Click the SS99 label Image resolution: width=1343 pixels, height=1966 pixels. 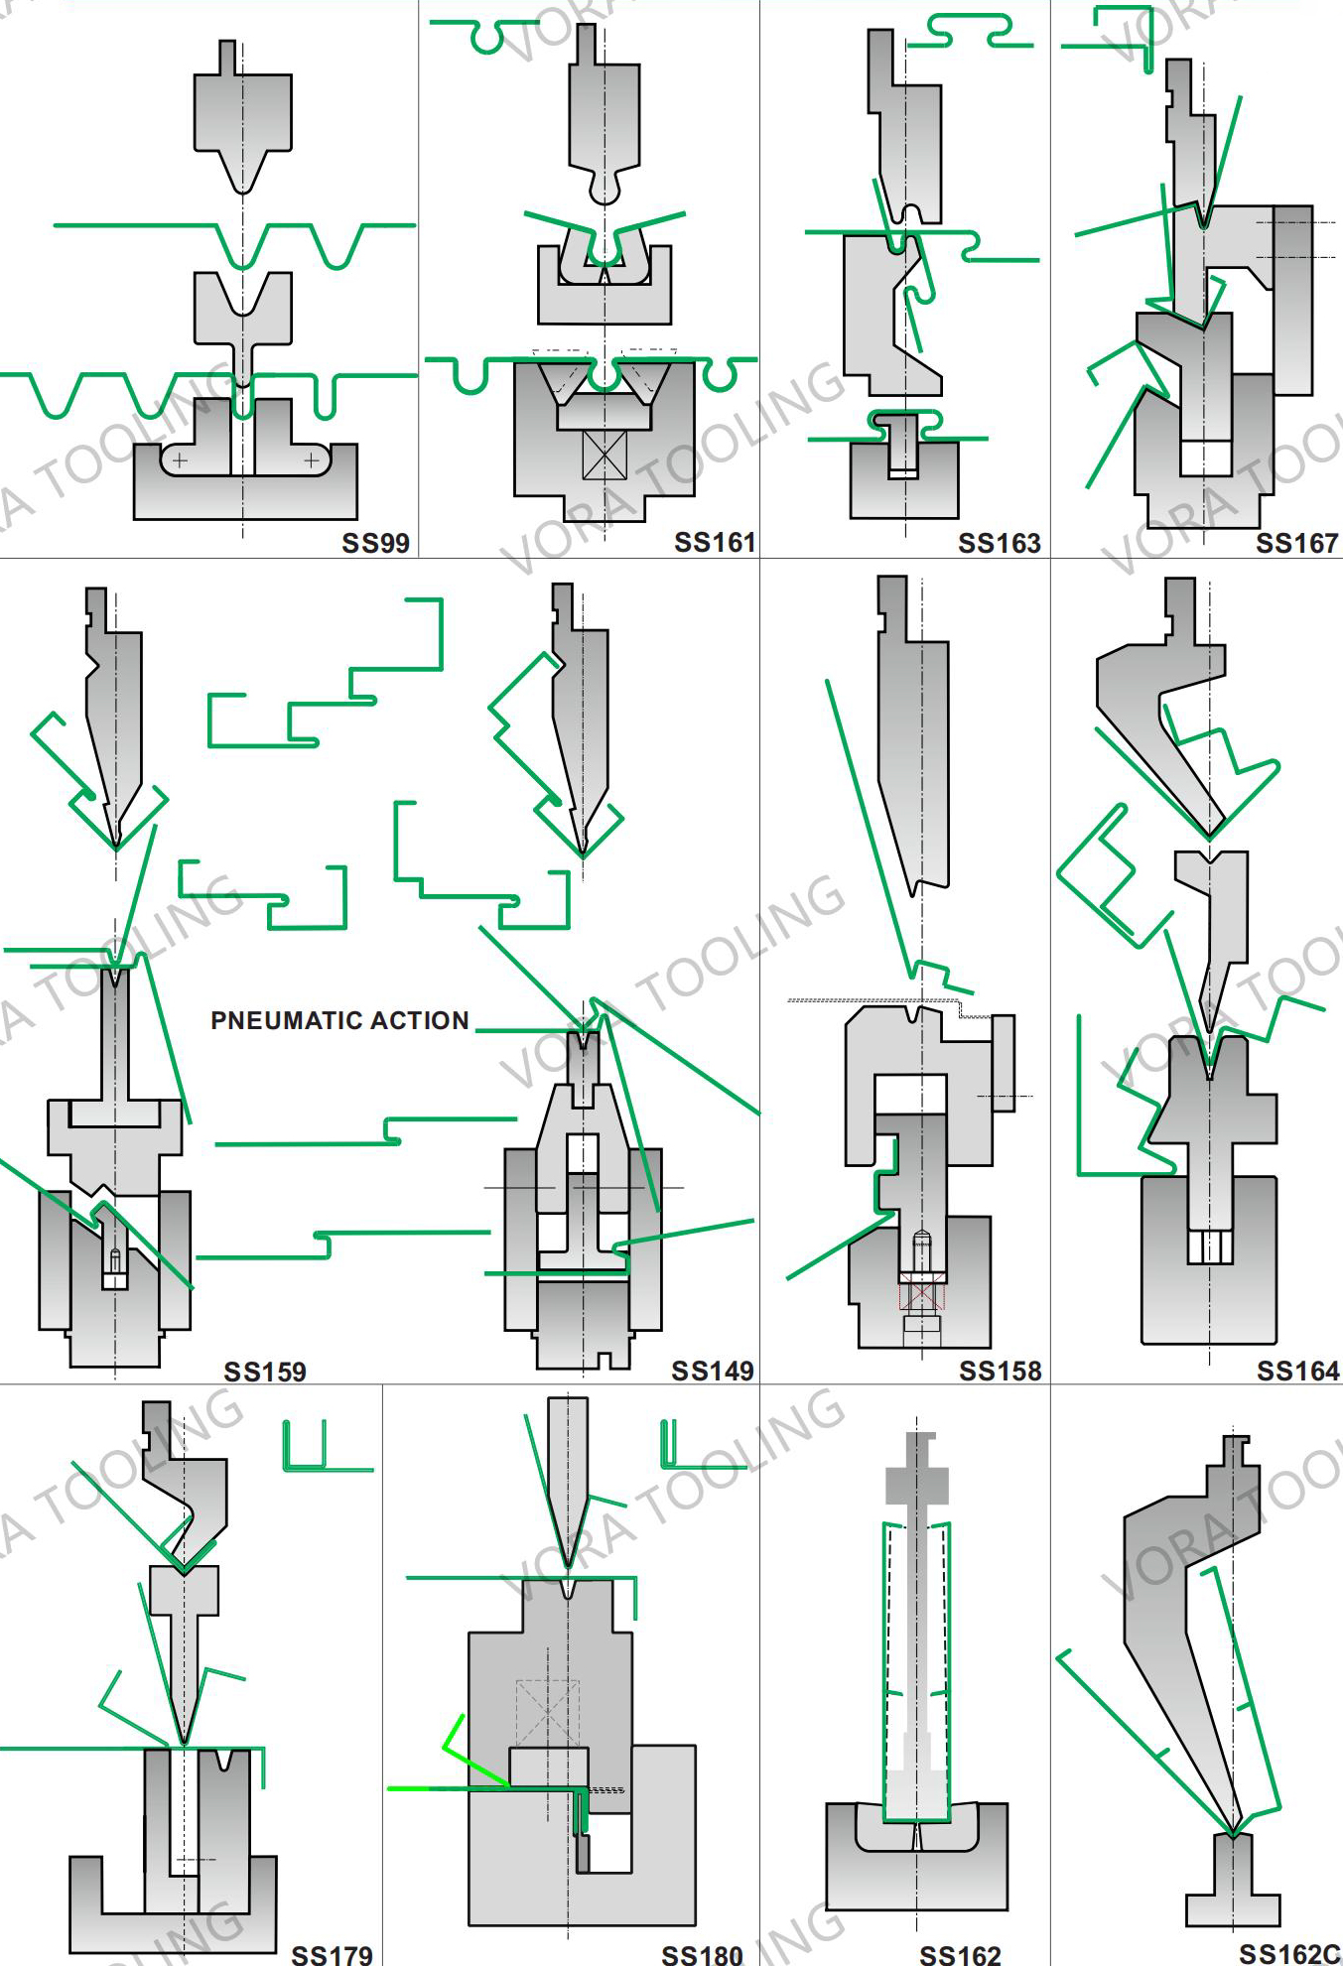click(375, 543)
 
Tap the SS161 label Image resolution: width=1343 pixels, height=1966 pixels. click(714, 542)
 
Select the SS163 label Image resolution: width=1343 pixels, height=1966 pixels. click(999, 543)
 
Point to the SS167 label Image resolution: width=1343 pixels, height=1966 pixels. click(1296, 543)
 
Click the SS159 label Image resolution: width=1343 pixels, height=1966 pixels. click(265, 1372)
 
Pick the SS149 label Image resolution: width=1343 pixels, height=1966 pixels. click(712, 1371)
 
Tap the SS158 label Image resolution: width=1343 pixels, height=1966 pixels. click(1000, 1371)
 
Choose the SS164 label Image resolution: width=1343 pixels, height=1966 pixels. click(1297, 1371)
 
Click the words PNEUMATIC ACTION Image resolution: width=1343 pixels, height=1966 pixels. click(339, 1020)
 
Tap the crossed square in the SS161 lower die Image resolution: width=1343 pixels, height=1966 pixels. click(604, 455)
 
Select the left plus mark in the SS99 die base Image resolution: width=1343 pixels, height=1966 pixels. click(180, 460)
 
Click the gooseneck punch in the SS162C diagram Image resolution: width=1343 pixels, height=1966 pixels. click(1176, 1628)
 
